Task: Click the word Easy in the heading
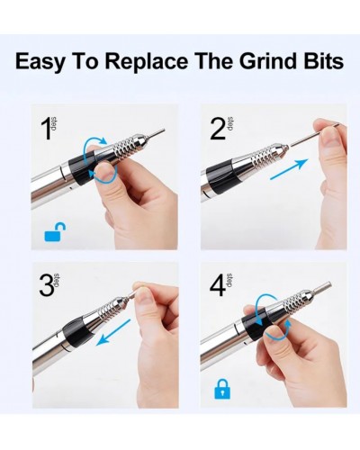[x=40, y=62]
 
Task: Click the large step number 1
[x=47, y=129]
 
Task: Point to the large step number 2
[x=218, y=129]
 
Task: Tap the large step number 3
[x=47, y=285]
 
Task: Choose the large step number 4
[x=218, y=285]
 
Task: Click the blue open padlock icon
[x=55, y=232]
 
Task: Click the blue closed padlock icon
[x=222, y=389]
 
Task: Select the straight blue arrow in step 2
[x=289, y=169]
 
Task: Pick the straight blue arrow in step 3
[x=113, y=332]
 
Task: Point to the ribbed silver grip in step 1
[x=123, y=144]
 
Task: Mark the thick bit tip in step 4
[x=321, y=286]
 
